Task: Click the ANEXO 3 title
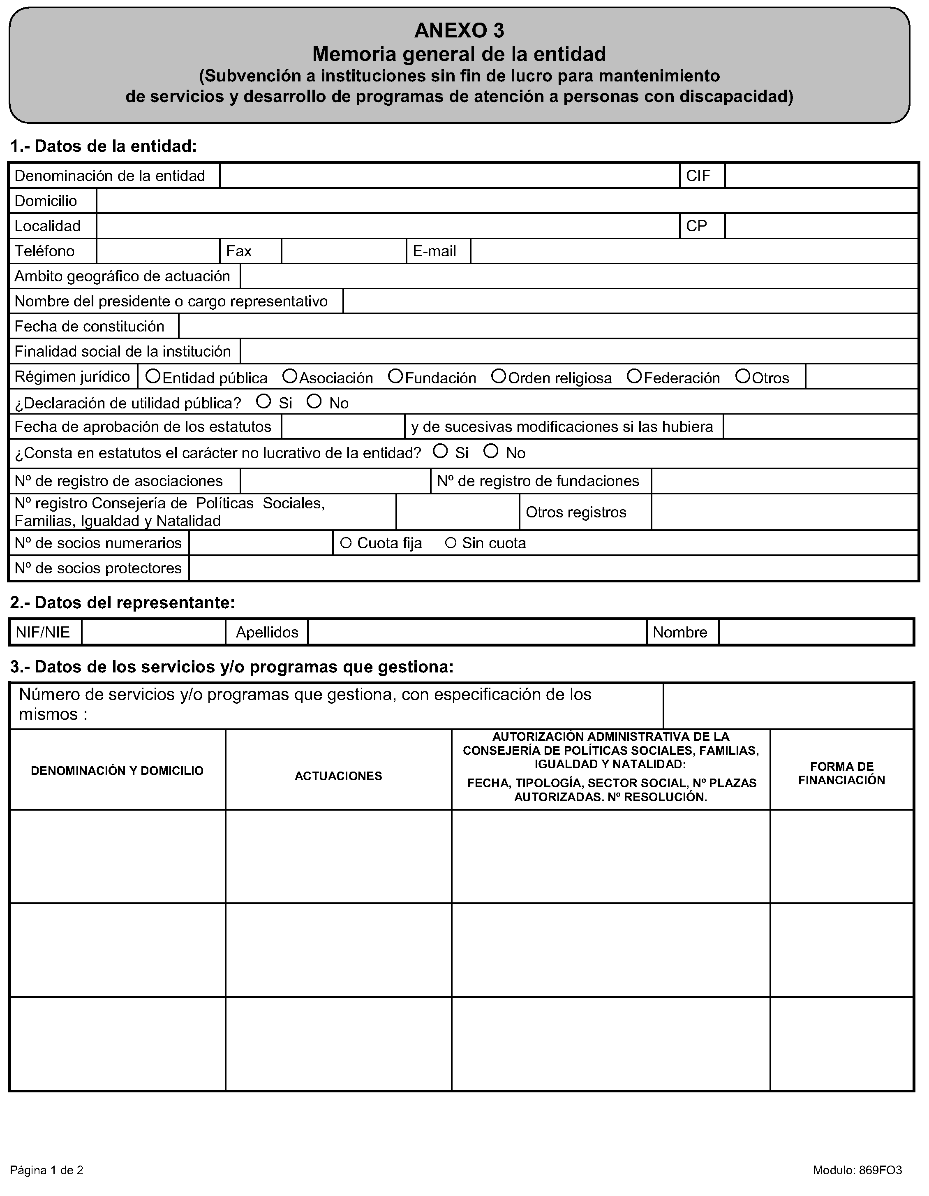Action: pyautogui.click(x=459, y=31)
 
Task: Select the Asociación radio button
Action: pyautogui.click(x=290, y=376)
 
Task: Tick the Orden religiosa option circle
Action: pyautogui.click(x=498, y=376)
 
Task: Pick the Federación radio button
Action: pyautogui.click(x=634, y=376)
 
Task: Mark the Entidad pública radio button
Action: pyautogui.click(x=153, y=376)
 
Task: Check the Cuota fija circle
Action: pyautogui.click(x=346, y=543)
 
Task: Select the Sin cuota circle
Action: pyautogui.click(x=451, y=543)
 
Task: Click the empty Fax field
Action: pyautogui.click(x=343, y=251)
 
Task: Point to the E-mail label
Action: pyautogui.click(x=434, y=251)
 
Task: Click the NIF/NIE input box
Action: pyautogui.click(x=153, y=632)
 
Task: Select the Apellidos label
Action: pyautogui.click(x=267, y=632)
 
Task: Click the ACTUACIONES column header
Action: pyautogui.click(x=338, y=776)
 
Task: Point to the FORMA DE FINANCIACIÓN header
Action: pyautogui.click(x=841, y=773)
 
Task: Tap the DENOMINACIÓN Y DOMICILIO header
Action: pyautogui.click(x=117, y=770)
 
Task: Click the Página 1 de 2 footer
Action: pyautogui.click(x=47, y=1170)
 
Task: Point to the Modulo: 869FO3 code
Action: pyautogui.click(x=857, y=1170)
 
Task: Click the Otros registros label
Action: pyautogui.click(x=576, y=512)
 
